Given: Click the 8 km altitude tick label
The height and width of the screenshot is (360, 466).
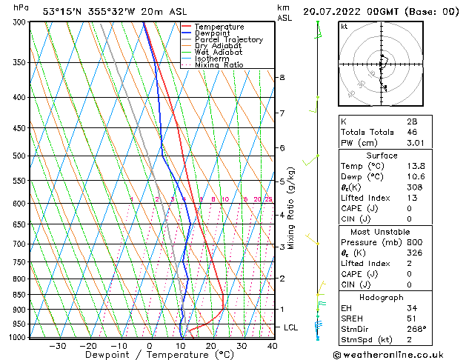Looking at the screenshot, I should tap(282, 77).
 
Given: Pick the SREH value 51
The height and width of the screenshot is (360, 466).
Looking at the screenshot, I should tap(412, 318).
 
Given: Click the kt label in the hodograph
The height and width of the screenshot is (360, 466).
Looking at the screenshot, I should tap(344, 26).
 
